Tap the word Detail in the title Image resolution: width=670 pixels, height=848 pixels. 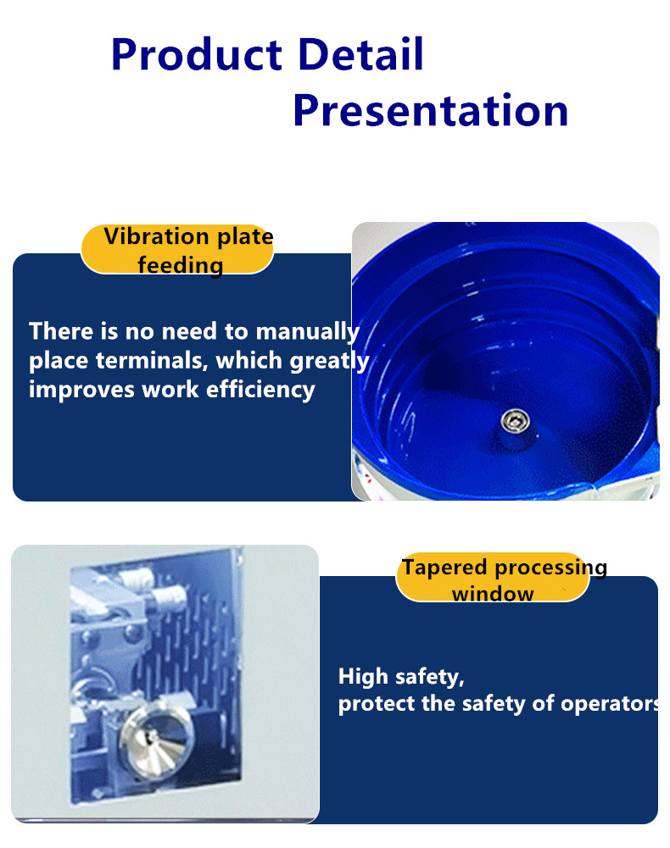pyautogui.click(x=360, y=53)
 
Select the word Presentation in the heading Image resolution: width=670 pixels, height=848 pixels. pyautogui.click(x=431, y=110)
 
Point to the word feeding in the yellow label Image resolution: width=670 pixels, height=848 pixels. pyautogui.click(x=181, y=265)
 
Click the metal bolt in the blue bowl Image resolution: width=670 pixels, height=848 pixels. pyautogui.click(x=515, y=421)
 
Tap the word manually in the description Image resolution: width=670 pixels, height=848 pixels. pyautogui.click(x=308, y=332)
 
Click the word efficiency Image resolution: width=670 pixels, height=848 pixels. pyautogui.click(x=260, y=390)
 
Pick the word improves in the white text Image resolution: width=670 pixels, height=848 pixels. pyautogui.click(x=81, y=391)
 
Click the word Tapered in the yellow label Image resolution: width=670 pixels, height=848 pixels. pyautogui.click(x=444, y=568)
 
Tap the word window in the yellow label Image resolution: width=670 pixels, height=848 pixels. pyautogui.click(x=493, y=594)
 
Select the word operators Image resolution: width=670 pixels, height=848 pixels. pyautogui.click(x=611, y=704)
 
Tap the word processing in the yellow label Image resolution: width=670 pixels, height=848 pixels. pyautogui.click(x=550, y=568)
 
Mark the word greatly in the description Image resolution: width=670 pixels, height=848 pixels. pyautogui.click(x=329, y=361)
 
